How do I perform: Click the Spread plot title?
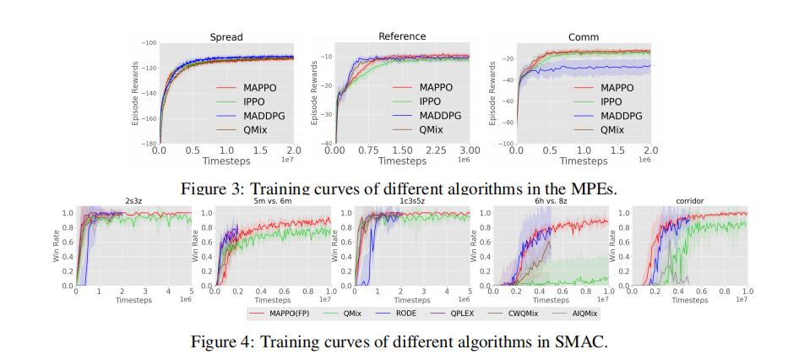(x=225, y=37)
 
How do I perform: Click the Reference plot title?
(x=402, y=36)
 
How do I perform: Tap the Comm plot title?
(x=584, y=37)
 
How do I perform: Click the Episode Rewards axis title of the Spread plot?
(x=134, y=94)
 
